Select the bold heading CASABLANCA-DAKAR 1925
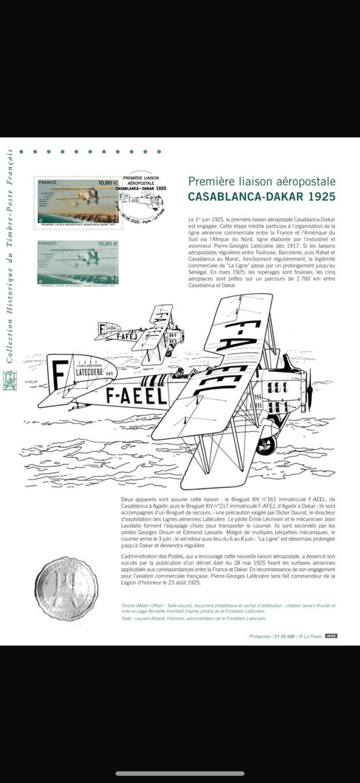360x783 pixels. click(261, 196)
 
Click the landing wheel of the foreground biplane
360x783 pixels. click(265, 446)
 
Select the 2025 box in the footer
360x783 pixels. click(331, 635)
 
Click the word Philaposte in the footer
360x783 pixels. click(261, 636)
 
